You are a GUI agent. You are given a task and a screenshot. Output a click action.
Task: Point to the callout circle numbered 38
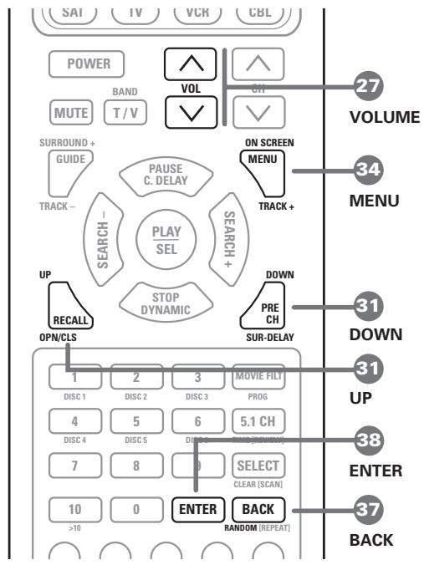[366, 440]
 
